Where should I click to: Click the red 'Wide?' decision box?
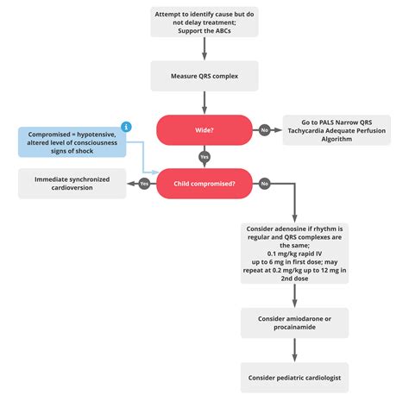tap(204, 130)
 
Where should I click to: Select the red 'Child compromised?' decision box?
tap(204, 183)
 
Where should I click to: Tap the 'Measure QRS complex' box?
tap(204, 76)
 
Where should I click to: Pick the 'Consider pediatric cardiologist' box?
tap(294, 376)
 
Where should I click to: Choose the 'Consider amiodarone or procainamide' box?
tap(294, 323)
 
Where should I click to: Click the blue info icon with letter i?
tap(126, 126)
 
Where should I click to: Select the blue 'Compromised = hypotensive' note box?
tap(73, 141)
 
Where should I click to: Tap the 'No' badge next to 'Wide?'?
tap(264, 130)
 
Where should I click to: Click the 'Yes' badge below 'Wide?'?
tap(204, 157)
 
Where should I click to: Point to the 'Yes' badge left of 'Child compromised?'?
tap(143, 183)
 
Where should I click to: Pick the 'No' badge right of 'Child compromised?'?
tap(264, 183)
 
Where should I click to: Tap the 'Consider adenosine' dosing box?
tap(294, 252)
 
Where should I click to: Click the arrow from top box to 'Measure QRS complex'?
tap(204, 48)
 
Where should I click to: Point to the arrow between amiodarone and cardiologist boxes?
tap(294, 349)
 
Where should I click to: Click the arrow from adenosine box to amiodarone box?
tap(294, 295)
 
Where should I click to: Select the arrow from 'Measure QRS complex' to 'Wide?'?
tap(204, 103)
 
